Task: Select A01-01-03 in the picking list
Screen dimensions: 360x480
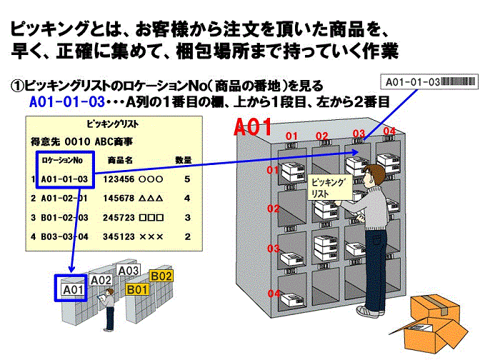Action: pos(64,179)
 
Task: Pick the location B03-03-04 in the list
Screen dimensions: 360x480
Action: pos(64,236)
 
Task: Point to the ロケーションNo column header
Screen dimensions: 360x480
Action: pos(62,160)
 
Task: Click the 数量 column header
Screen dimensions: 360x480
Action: pos(184,160)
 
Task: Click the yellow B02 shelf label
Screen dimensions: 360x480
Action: pos(161,276)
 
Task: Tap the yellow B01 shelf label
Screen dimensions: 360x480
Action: pos(137,289)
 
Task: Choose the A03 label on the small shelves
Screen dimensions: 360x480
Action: pos(128,271)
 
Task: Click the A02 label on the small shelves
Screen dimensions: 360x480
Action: pos(101,281)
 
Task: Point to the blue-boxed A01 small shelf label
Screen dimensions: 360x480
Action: pos(71,290)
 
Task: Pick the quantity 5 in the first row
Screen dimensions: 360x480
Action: pos(186,179)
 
